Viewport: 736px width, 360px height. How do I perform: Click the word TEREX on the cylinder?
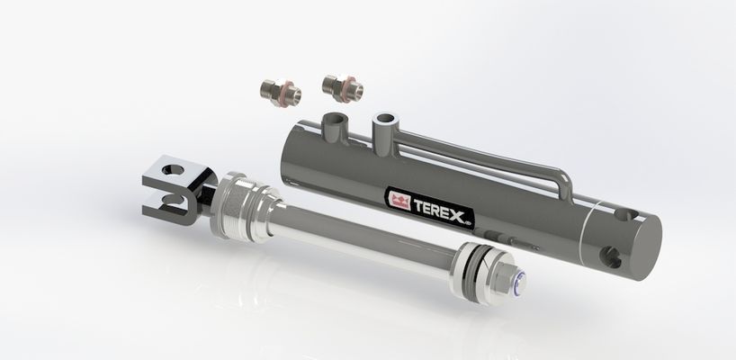pos(438,210)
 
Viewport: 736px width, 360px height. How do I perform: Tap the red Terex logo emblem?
pos(399,201)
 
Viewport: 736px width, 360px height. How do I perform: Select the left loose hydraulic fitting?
pos(281,92)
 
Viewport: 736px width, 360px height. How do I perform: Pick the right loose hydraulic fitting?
pos(342,88)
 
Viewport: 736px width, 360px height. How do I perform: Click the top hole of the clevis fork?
pos(171,169)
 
